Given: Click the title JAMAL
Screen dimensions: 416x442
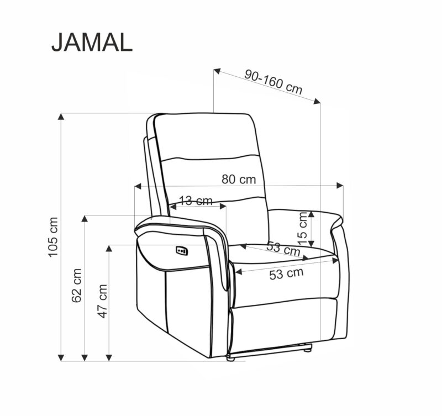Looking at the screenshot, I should [92, 43].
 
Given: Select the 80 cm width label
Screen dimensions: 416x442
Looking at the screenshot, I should [239, 179].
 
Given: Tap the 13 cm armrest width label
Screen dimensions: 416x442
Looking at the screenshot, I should [196, 201].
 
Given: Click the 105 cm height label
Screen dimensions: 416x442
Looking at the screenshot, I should [52, 236].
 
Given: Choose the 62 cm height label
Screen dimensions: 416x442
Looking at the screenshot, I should [77, 286].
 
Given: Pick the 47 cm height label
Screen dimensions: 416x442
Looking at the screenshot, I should [102, 301].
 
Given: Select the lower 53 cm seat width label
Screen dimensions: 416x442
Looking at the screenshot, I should [286, 273].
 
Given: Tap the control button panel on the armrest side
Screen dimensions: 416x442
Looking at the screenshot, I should [182, 251].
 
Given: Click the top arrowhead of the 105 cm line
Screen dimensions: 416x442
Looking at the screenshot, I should [61, 117].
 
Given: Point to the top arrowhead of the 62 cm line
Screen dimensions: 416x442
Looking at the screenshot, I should [85, 219].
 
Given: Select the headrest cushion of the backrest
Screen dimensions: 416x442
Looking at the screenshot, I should [206, 135].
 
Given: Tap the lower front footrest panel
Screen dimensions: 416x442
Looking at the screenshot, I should [282, 326].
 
